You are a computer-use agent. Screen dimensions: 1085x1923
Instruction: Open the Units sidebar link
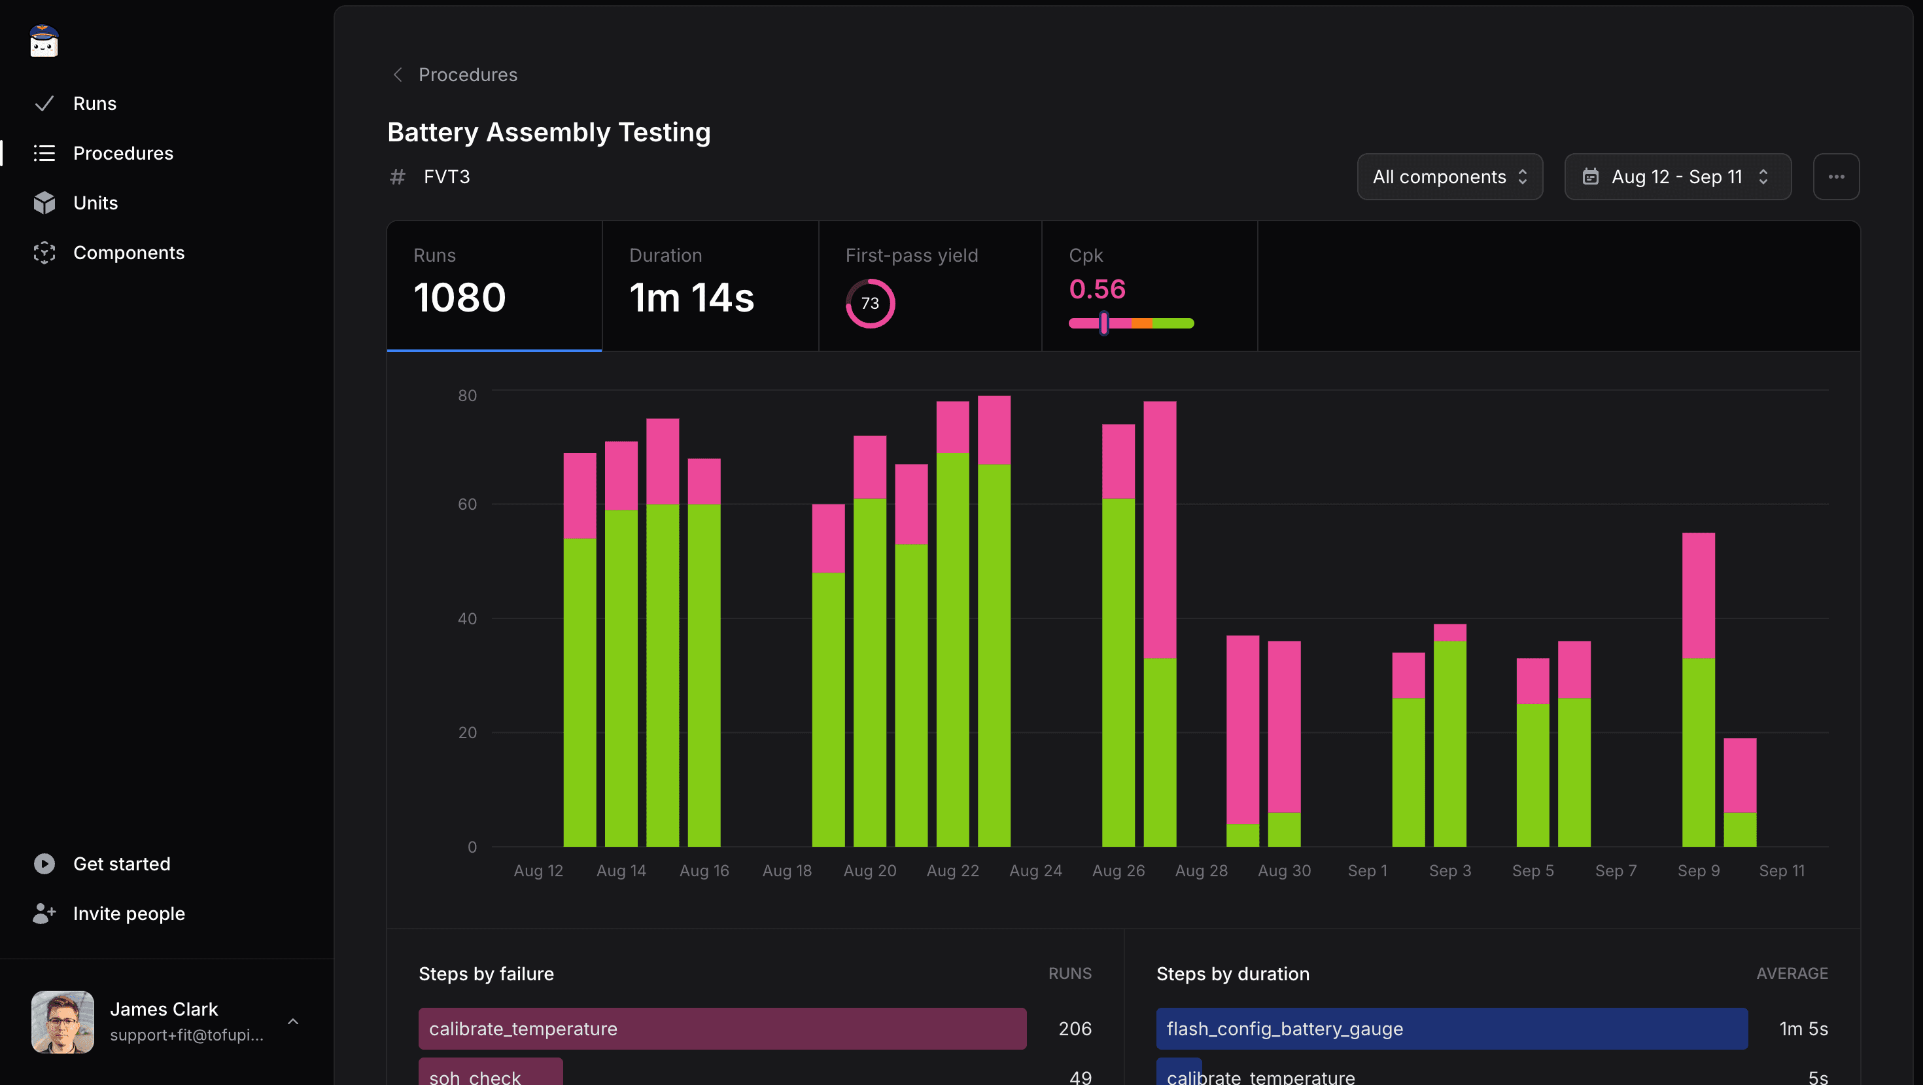click(x=95, y=202)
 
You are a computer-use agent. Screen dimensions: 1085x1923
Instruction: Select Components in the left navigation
click(x=128, y=253)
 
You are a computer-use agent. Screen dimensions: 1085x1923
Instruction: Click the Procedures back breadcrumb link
click(x=466, y=75)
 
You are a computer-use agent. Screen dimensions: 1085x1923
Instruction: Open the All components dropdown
click(x=1449, y=177)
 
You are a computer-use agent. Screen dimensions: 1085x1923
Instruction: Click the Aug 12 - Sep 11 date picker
click(x=1676, y=177)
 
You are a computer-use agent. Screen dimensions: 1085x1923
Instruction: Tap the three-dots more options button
click(x=1835, y=177)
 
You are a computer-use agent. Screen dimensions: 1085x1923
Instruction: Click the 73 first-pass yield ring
click(x=870, y=303)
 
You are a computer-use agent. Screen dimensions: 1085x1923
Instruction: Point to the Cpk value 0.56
click(x=1097, y=289)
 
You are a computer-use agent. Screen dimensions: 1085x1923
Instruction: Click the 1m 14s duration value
click(x=691, y=297)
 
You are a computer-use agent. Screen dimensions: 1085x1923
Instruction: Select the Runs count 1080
click(x=460, y=297)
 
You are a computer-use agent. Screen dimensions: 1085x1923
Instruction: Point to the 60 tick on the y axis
click(x=467, y=504)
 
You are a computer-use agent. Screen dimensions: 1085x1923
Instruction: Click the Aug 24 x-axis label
click(x=1035, y=871)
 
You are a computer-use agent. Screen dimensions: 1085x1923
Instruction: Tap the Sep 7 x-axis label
click(x=1616, y=871)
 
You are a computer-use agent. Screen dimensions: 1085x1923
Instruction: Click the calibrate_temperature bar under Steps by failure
click(x=722, y=1028)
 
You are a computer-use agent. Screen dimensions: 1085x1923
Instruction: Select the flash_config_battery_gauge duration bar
click(x=1451, y=1028)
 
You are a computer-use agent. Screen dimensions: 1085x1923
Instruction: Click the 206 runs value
click(x=1074, y=1028)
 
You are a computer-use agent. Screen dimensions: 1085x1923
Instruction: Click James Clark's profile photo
click(x=63, y=1022)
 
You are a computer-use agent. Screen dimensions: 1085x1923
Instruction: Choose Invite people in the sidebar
click(x=128, y=914)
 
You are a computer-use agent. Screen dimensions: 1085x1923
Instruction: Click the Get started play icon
click(x=44, y=863)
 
